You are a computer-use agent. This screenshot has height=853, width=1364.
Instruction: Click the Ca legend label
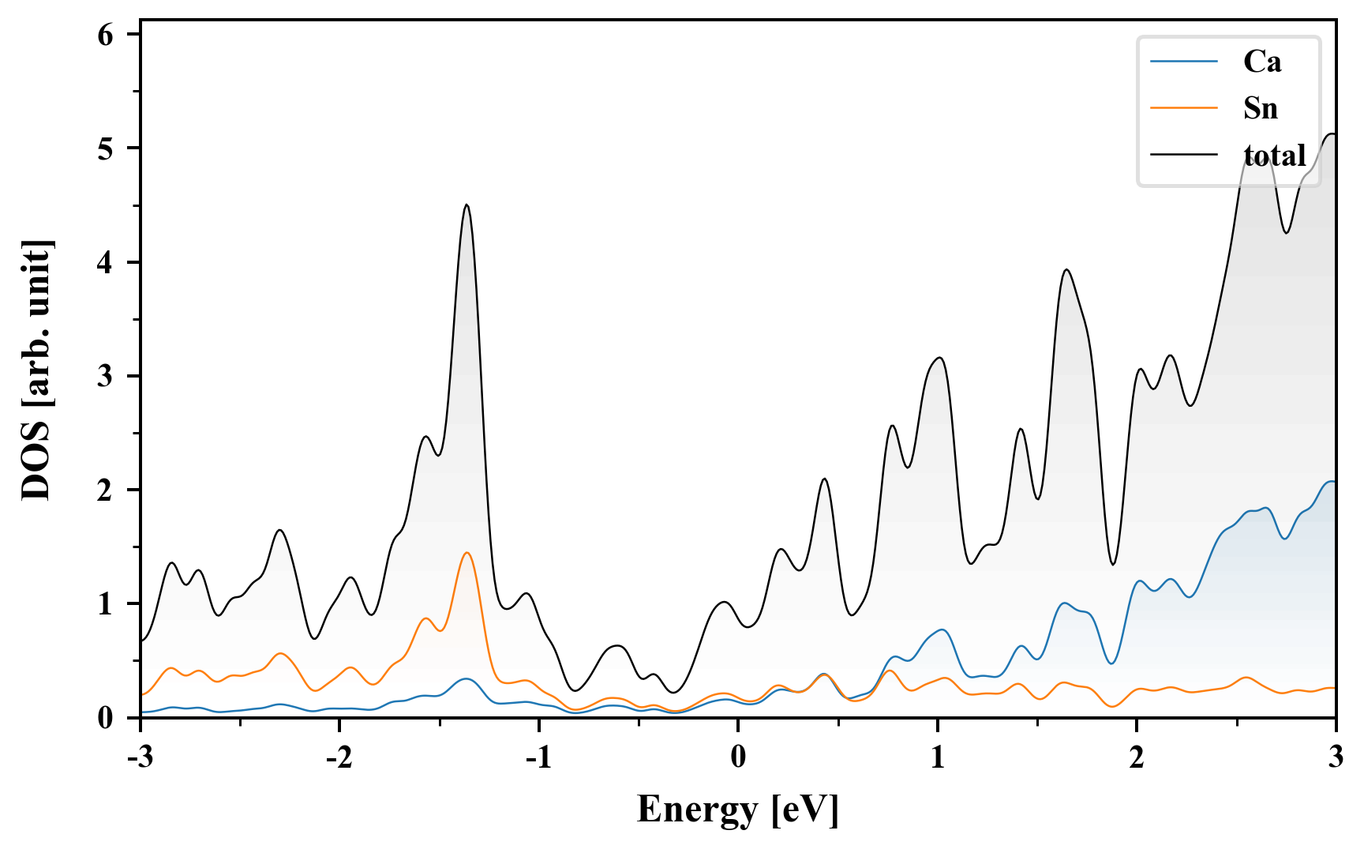click(1261, 62)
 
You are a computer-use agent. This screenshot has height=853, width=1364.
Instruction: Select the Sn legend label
click(1260, 108)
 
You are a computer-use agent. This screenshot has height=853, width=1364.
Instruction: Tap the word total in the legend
click(1274, 156)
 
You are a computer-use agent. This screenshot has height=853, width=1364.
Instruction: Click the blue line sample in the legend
click(1184, 62)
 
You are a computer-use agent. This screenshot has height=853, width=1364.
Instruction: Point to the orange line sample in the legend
click(1184, 108)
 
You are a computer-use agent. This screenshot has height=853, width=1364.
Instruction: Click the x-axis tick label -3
click(140, 757)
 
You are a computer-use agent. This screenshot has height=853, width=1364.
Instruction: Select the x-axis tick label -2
click(339, 757)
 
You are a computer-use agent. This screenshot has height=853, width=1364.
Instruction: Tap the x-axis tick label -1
click(538, 757)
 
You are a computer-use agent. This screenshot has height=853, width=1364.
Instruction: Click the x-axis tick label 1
click(937, 757)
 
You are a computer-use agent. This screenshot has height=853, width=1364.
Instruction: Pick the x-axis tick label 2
click(1136, 757)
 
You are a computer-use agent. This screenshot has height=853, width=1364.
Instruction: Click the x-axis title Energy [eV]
click(737, 810)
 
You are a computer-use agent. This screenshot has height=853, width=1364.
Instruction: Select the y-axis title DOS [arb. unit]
click(36, 370)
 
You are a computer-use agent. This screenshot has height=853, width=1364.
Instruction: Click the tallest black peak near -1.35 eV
click(467, 205)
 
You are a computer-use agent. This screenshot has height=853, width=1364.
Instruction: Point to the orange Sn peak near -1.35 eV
click(467, 553)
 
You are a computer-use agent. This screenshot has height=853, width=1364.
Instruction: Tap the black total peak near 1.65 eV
click(1066, 270)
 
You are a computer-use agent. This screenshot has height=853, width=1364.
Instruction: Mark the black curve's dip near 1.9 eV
click(1113, 564)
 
